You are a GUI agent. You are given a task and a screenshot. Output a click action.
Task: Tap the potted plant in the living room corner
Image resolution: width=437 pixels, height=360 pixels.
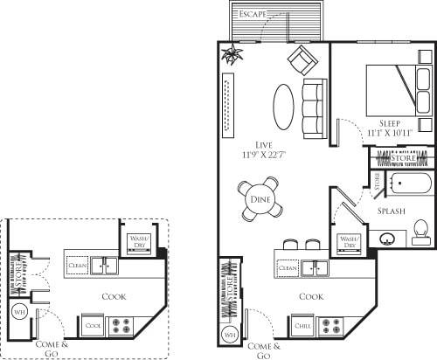pyautogui.click(x=232, y=56)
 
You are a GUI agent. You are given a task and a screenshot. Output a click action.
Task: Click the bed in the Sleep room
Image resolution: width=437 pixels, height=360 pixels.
pyautogui.click(x=390, y=91)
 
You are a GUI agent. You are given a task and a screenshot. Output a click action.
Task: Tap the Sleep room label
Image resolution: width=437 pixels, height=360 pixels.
pyautogui.click(x=390, y=123)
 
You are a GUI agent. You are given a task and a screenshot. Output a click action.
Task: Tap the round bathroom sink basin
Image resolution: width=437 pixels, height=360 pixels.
pyautogui.click(x=385, y=236)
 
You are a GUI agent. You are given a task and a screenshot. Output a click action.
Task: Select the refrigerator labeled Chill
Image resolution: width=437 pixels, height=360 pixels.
pyautogui.click(x=303, y=325)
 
